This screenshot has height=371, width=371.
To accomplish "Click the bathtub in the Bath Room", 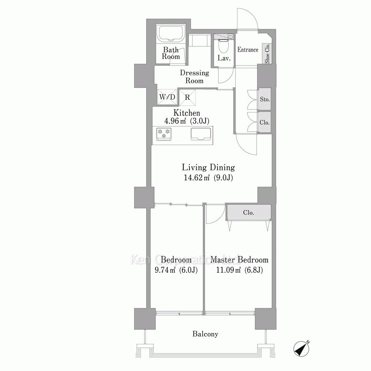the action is click(x=171, y=33).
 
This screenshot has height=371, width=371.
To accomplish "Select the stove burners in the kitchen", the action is click(x=164, y=134).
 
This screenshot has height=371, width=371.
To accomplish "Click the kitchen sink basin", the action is click(x=201, y=134).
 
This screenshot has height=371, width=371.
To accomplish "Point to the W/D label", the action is click(x=167, y=97).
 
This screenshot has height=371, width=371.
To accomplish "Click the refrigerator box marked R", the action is click(x=187, y=97).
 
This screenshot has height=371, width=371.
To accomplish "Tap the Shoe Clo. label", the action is click(x=267, y=54).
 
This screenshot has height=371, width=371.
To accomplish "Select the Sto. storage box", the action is click(x=265, y=99).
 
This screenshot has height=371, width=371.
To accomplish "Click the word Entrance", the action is click(x=248, y=50).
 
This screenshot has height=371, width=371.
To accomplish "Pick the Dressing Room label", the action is click(x=194, y=77).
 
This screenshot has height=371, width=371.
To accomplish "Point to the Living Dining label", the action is click(x=209, y=168).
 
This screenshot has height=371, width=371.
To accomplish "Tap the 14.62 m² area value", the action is click(x=197, y=178).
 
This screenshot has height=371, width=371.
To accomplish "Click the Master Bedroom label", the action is click(x=239, y=260).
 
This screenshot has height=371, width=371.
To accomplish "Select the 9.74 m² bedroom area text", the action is click(x=165, y=270).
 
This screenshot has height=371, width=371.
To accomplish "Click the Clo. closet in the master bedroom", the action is click(x=249, y=213).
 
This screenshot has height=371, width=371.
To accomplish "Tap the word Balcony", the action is click(x=205, y=334).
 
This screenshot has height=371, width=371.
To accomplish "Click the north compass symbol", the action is click(x=301, y=348).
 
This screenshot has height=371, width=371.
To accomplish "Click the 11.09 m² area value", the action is click(x=228, y=270).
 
